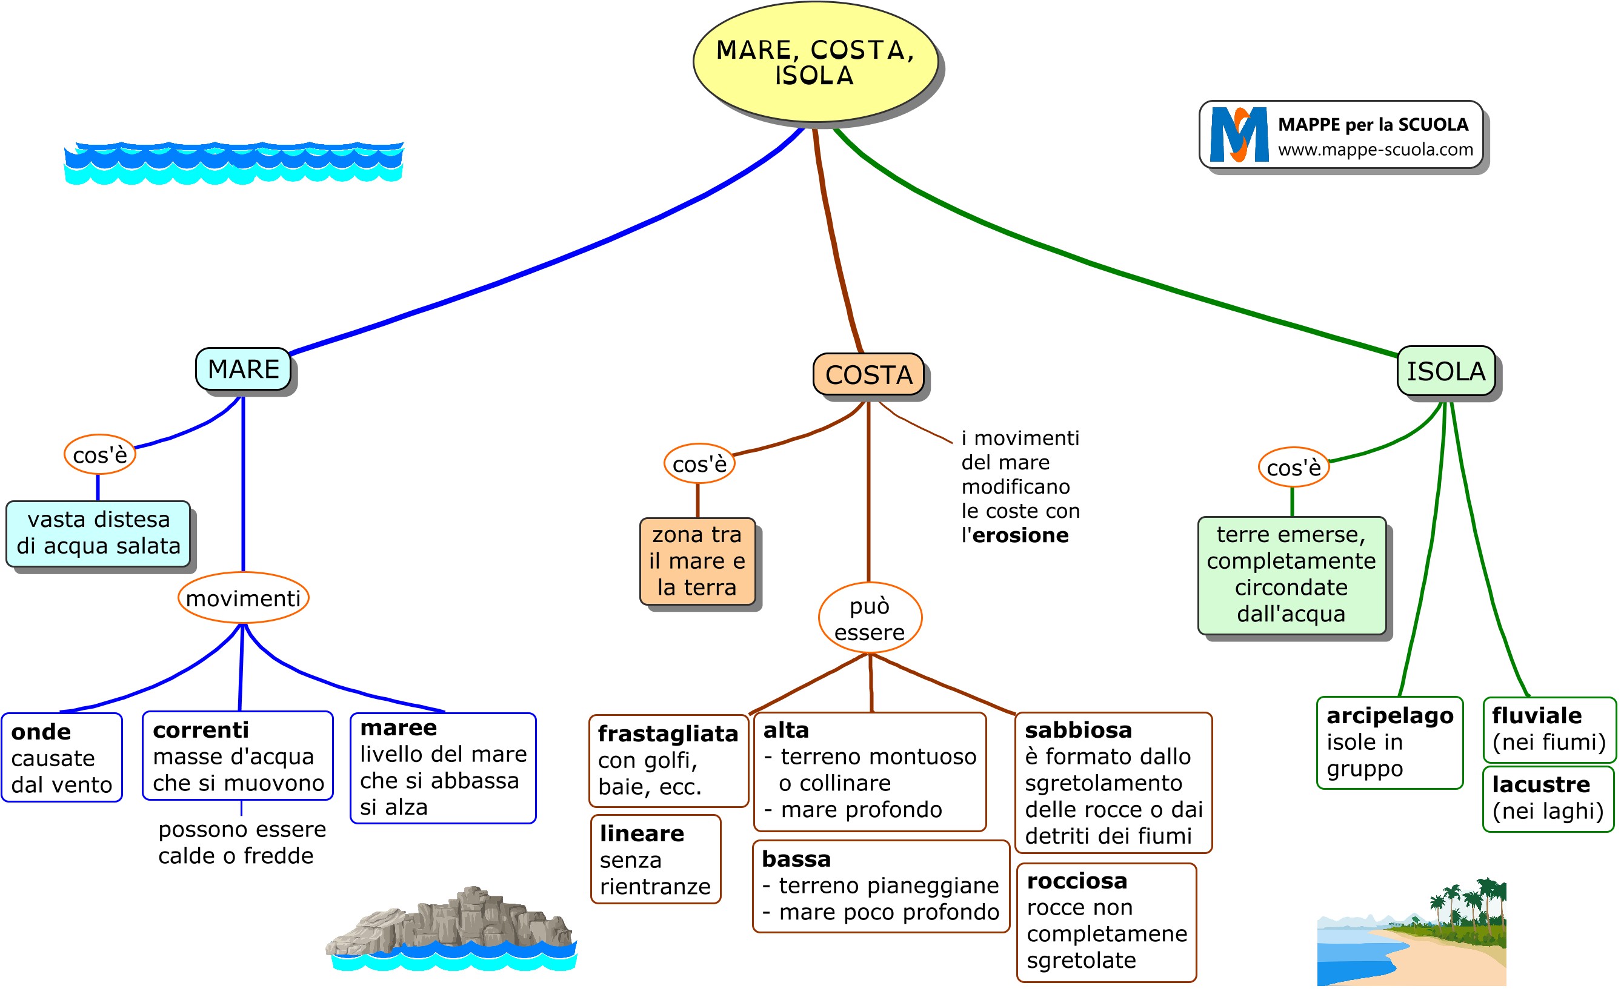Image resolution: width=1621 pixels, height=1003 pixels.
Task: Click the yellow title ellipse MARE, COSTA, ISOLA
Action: pos(815,62)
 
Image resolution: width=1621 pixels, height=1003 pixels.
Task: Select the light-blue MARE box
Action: pos(243,369)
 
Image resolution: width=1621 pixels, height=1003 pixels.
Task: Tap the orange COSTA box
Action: pos(868,375)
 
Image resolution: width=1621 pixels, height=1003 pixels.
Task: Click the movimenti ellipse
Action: pos(243,598)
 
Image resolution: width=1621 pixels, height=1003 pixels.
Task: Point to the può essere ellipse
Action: pos(869,618)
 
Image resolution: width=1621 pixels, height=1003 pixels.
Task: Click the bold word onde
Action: pos(41,732)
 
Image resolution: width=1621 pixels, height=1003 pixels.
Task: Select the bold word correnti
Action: pos(201,730)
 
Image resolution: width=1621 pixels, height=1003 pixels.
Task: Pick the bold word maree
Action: pos(398,727)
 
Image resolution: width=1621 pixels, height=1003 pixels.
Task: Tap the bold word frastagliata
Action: pos(668,733)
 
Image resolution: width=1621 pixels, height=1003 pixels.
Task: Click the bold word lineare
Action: pos(642,833)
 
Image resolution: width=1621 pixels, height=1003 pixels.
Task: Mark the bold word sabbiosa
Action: pos(1078,730)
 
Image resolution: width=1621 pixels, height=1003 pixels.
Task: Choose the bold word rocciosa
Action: pos(1076,880)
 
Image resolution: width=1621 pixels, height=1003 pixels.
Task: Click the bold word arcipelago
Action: pos(1390,715)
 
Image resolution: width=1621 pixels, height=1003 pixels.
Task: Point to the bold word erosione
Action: pos(1020,535)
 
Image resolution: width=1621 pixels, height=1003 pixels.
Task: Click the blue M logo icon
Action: pos(1238,134)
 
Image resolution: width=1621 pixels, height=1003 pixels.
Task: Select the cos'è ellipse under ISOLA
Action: pos(1293,468)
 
